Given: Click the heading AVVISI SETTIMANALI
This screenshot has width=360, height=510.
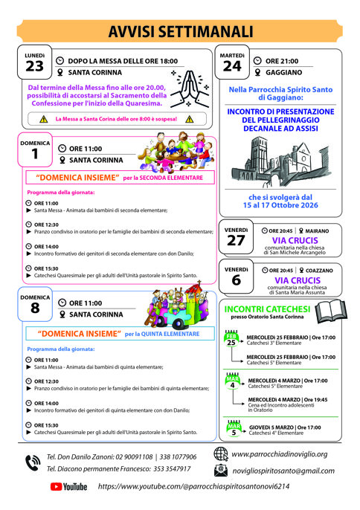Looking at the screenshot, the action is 180,30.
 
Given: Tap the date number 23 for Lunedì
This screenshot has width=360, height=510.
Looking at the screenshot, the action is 34,67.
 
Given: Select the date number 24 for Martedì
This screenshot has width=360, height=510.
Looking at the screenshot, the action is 231,67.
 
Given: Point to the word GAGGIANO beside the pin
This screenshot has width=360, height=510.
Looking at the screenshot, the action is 283,73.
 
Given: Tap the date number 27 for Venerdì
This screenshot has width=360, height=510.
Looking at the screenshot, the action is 236,241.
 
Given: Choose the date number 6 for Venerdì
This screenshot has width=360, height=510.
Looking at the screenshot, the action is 236,280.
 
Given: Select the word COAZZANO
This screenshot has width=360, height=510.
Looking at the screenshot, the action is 316,270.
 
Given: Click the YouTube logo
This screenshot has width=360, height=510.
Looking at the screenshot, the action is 68,486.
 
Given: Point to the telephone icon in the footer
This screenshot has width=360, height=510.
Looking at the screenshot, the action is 32,462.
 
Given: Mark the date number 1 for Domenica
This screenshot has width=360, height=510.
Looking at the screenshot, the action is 35,153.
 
